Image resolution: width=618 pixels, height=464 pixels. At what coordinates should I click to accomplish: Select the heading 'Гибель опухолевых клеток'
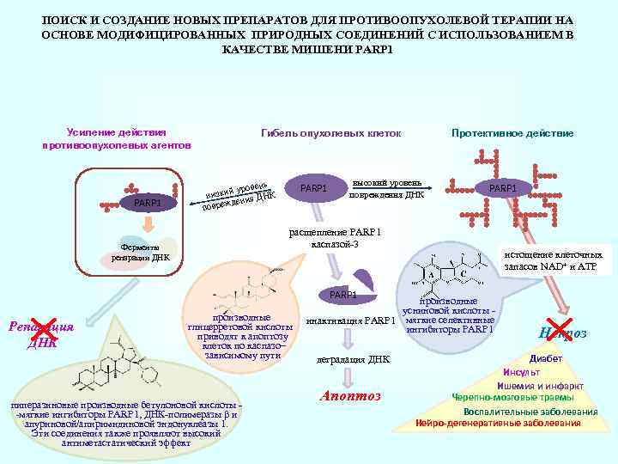pos(330,133)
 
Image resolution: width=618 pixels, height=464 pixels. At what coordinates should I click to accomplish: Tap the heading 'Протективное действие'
pos(512,133)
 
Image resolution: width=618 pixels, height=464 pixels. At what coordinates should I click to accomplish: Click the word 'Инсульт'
pos(521,372)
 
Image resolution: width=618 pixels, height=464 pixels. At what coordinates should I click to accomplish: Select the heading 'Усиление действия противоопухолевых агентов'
pos(116,138)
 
